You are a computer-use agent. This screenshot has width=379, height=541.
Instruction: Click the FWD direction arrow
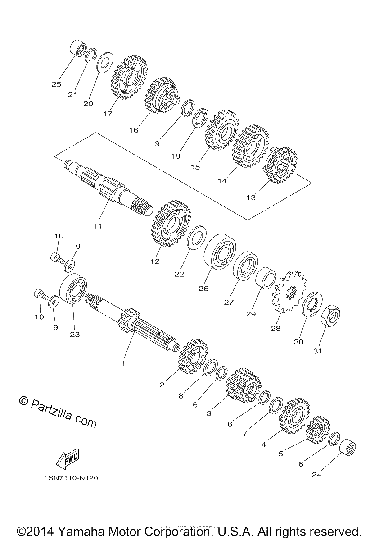pos(68,457)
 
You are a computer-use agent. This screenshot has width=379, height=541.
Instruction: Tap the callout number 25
pos(56,84)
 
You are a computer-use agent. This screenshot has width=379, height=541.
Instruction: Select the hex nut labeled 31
pos(330,316)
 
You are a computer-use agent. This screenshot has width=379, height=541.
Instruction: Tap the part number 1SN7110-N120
pos(71,478)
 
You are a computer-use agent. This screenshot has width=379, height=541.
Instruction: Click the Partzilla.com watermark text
pos(58,412)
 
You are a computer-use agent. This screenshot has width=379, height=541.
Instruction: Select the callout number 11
pos(97,226)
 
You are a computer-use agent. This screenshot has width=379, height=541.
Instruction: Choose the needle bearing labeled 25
pos(79,48)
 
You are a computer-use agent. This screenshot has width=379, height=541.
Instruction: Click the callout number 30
pos(298,342)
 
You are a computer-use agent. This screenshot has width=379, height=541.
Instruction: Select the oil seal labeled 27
pos(245,266)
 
